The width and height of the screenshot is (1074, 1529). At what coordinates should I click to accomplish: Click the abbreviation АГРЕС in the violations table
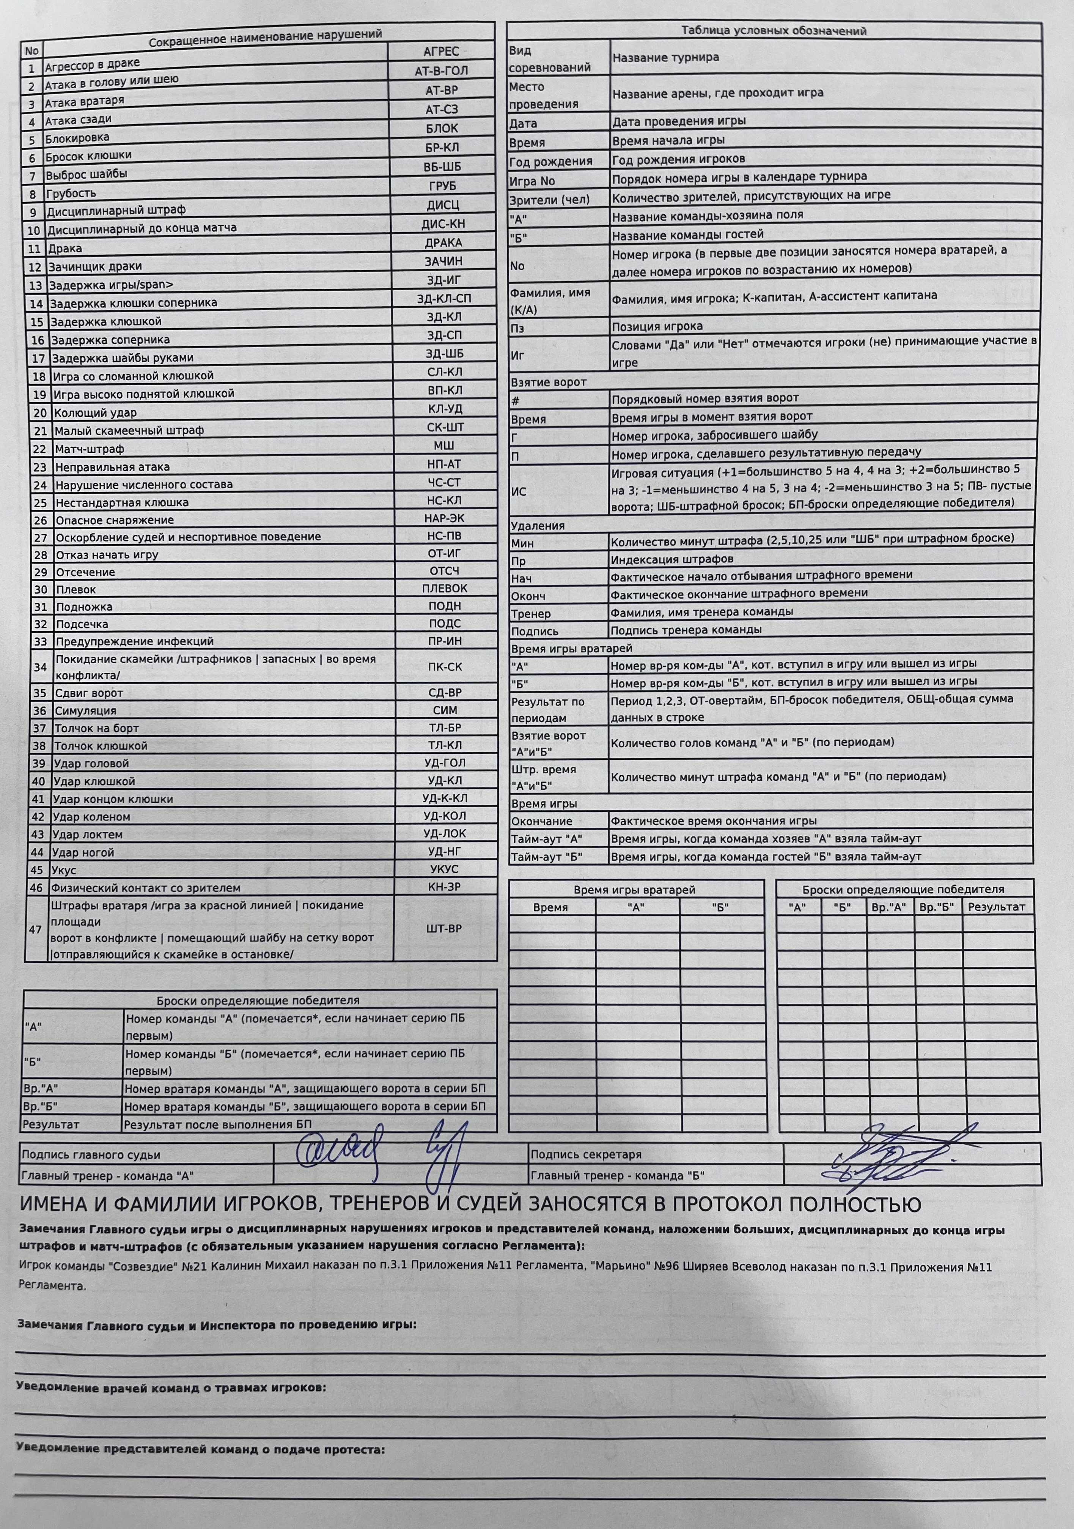(441, 51)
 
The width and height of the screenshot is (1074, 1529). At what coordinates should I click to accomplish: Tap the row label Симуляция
(85, 710)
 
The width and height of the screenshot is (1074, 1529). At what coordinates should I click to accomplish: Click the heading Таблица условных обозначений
(774, 31)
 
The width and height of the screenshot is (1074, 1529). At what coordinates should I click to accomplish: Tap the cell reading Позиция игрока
(657, 326)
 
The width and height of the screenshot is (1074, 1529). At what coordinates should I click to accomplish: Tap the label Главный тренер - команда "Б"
(617, 1175)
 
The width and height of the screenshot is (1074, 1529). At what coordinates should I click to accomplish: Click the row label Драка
(64, 249)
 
